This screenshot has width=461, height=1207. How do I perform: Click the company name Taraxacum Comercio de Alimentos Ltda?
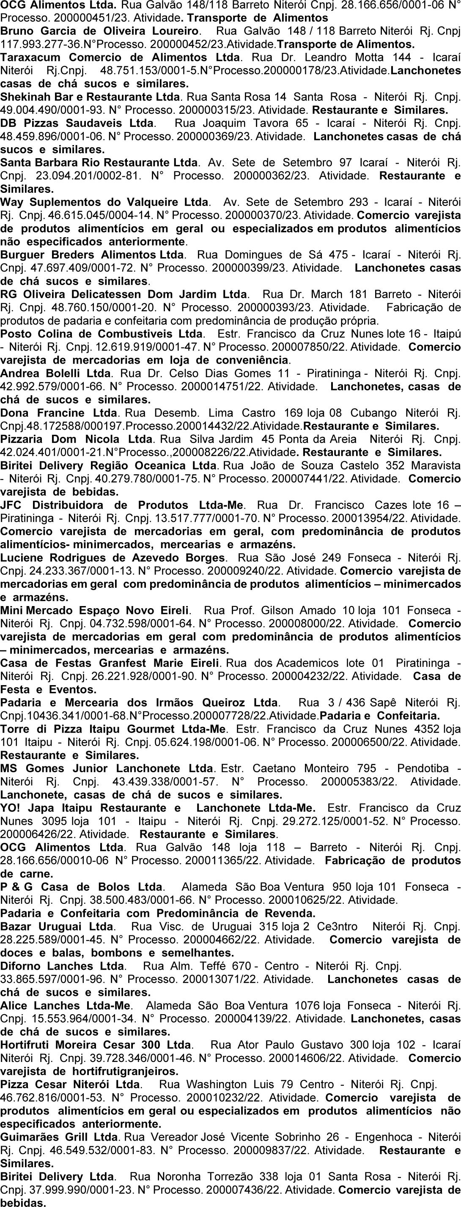coord(121,58)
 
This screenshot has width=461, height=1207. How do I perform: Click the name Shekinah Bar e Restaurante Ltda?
coord(90,97)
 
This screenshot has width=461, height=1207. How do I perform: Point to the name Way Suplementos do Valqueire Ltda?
coord(104,203)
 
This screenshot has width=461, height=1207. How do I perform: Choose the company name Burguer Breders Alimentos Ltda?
coord(92,255)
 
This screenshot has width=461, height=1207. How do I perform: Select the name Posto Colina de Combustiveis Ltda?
coord(102,334)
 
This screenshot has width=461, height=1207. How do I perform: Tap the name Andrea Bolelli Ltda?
coord(56,373)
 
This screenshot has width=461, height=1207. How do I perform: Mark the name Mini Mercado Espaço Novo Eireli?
coord(95,611)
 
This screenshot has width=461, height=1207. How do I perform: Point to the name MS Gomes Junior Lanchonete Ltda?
coord(106,769)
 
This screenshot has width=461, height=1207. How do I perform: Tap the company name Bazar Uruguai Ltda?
coord(56,927)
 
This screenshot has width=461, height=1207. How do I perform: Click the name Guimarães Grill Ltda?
coord(58,1137)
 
